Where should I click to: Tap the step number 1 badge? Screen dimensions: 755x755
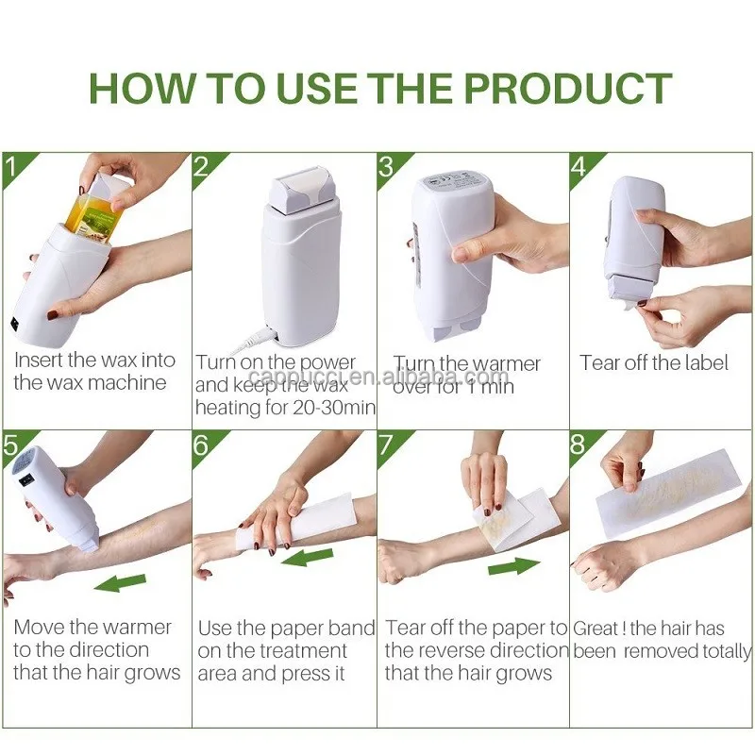pos(12,166)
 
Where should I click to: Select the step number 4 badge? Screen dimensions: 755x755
pos(579,166)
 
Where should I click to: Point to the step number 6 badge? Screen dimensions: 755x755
pos(201,445)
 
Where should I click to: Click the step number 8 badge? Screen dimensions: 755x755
pos(579,445)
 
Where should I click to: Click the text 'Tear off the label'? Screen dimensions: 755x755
pos(654,362)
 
